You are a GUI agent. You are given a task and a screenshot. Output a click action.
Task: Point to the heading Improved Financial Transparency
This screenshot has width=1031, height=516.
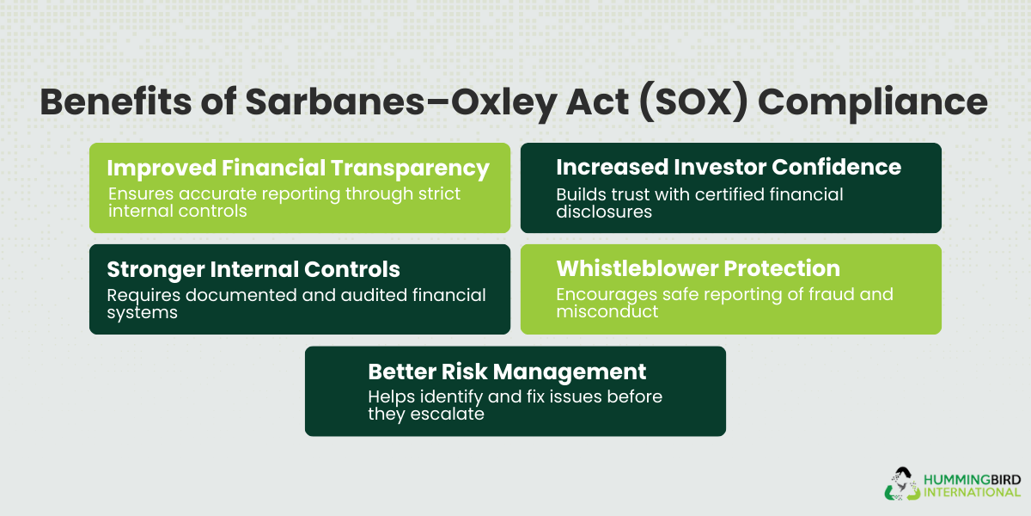298,168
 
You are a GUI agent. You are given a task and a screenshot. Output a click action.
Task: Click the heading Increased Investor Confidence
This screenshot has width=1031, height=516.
729,167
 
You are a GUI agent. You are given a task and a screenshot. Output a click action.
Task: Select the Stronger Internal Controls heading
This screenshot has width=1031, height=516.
253,269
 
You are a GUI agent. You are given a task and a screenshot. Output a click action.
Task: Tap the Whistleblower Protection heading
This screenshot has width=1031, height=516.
698,269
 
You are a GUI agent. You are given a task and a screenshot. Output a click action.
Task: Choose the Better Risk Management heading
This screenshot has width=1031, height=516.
507,372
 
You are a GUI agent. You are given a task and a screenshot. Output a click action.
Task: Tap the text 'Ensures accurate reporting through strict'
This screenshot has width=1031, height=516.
284,193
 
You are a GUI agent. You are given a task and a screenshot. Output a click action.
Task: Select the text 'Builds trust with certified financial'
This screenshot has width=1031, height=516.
699,194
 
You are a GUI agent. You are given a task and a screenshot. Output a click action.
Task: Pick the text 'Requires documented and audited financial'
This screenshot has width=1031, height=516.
296,295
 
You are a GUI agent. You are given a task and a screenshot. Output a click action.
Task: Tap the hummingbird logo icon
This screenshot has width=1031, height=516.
901,483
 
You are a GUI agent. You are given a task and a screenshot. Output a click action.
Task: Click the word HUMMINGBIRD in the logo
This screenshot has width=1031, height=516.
971,477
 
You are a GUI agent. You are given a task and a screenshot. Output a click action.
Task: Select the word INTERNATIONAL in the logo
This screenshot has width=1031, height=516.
971,492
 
